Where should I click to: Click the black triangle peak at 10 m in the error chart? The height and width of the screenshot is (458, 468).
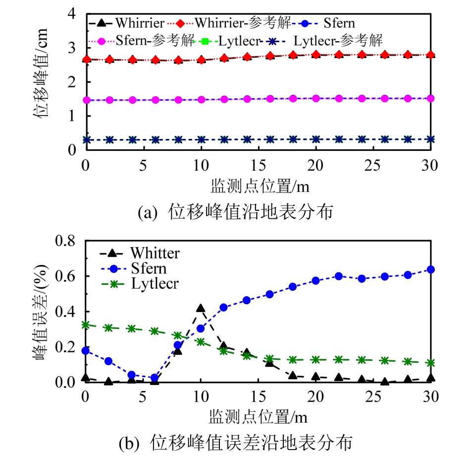(201, 309)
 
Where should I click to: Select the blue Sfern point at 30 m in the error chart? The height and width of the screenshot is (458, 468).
(430, 269)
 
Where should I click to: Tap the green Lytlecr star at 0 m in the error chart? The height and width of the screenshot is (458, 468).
(86, 325)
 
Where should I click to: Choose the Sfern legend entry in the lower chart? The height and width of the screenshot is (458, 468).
(148, 268)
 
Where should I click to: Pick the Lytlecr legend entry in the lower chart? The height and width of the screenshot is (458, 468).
(154, 284)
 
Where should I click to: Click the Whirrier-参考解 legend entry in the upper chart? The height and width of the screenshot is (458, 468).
(238, 22)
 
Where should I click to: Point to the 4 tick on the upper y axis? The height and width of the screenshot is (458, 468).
(72, 14)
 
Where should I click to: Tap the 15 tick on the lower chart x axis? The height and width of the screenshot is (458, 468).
(258, 397)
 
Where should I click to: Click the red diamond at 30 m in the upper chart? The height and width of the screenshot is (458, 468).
(430, 55)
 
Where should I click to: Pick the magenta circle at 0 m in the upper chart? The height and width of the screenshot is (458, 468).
(87, 100)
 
